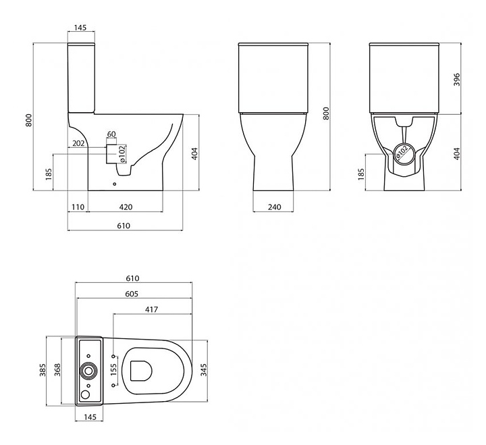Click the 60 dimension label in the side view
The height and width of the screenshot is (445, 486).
tap(111, 134)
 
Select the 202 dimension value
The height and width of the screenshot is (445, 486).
tap(78, 143)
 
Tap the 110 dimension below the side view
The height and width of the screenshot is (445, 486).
tap(78, 207)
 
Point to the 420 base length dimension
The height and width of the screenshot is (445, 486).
tap(126, 207)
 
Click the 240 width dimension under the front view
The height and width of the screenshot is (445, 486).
tap(274, 207)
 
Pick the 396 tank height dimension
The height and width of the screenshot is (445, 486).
tap(457, 80)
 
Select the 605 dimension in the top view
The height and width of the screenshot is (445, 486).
tap(132, 294)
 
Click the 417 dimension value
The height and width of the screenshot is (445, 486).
tap(152, 309)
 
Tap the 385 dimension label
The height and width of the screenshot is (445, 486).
tap(43, 370)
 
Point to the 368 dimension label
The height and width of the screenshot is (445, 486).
tap(57, 370)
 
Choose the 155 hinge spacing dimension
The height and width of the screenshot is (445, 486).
tap(113, 370)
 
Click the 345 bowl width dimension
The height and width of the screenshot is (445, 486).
tap(203, 370)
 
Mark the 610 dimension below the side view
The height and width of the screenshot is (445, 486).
tap(124, 226)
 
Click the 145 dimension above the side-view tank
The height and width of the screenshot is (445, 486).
tap(80, 28)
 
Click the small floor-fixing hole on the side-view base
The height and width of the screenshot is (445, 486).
tap(115, 184)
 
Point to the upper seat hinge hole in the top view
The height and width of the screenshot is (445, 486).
tap(113, 356)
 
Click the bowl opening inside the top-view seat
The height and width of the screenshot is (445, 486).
tap(141, 371)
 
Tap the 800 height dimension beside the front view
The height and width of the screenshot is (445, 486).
tap(326, 113)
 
